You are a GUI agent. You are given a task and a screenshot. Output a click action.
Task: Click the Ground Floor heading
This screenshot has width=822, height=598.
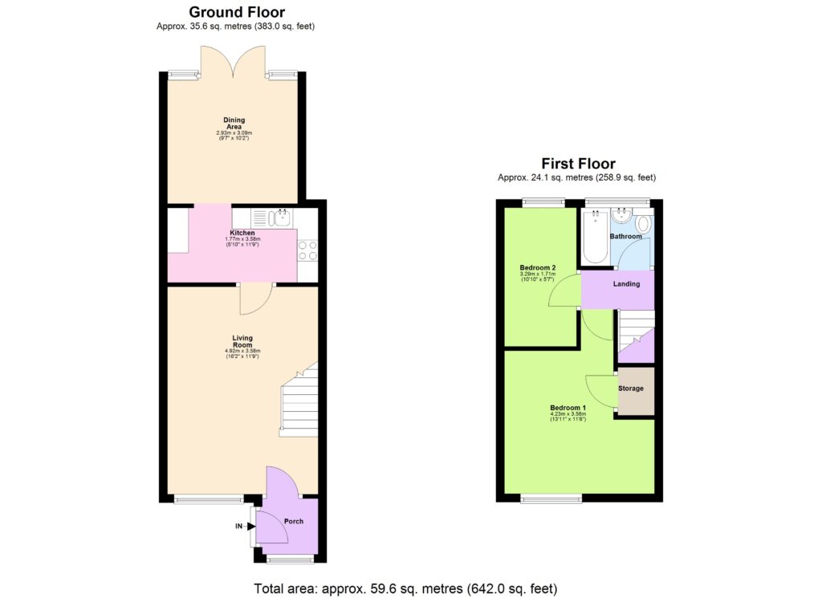pos(236,12)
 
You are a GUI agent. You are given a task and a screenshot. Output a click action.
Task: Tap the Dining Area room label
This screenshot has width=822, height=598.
pos(234,123)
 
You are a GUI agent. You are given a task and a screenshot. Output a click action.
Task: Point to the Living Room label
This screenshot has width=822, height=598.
pos(242,341)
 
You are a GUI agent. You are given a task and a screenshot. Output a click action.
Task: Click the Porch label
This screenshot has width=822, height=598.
pos(294,521)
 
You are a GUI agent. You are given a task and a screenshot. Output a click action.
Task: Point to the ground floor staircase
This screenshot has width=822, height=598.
pos(299,401)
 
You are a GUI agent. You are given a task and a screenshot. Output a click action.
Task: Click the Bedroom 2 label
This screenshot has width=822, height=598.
pos(538,267)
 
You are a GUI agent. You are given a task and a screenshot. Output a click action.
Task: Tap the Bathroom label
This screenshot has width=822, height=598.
pos(625,237)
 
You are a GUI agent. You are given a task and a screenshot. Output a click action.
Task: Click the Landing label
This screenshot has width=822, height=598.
pos(626,284)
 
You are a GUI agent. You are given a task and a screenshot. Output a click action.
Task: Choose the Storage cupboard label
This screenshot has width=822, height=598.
pos(630,388)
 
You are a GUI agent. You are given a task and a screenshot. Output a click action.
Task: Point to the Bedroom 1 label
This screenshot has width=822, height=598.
pos(568,408)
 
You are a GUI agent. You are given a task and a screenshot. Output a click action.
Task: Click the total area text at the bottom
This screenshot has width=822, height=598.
pos(405,588)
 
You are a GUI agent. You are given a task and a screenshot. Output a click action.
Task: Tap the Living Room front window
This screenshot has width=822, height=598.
pos(209,500)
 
